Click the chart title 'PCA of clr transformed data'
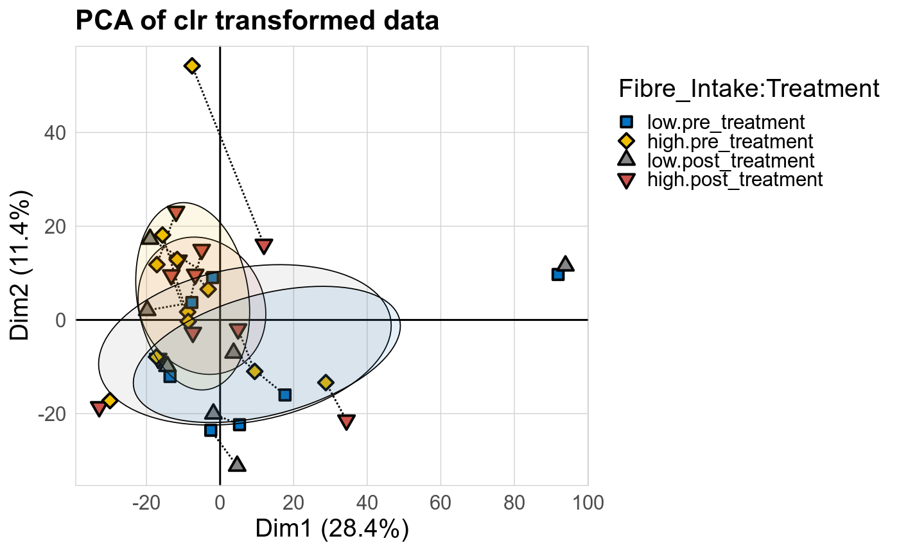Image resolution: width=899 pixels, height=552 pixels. (257, 21)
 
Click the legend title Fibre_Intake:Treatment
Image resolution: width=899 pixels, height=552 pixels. (748, 89)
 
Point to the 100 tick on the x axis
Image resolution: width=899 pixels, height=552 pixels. (588, 502)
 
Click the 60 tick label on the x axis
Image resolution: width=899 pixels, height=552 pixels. (441, 502)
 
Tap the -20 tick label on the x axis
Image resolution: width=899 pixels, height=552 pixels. (146, 502)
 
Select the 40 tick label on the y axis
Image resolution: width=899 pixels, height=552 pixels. (56, 133)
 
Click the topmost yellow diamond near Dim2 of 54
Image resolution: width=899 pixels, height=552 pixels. (192, 66)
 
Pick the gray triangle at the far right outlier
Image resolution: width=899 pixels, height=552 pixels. (565, 264)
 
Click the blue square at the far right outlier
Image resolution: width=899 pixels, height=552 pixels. (557, 274)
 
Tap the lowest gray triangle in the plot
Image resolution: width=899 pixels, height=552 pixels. (237, 463)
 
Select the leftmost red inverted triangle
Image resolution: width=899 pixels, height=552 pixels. (98, 408)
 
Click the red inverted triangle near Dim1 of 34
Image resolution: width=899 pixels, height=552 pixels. (347, 422)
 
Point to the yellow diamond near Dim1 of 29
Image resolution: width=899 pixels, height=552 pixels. (326, 383)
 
